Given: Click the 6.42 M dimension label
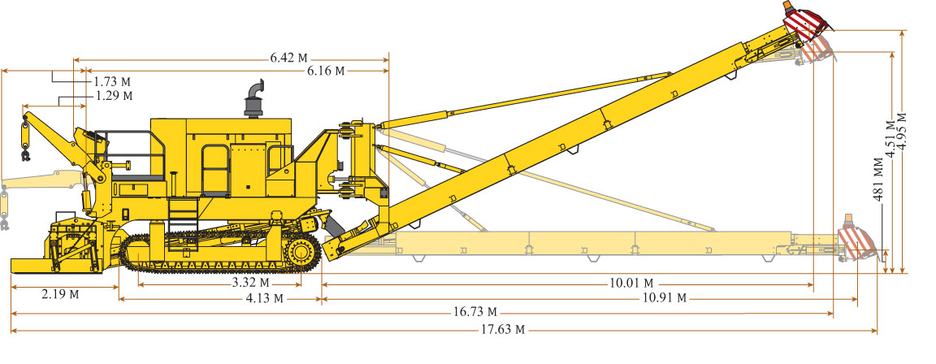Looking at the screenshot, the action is pos(289,58).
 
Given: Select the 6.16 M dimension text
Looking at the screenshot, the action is pos(327,71).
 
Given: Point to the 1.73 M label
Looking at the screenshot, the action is pos(112,82).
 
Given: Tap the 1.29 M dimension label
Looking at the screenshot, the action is pos(114,96).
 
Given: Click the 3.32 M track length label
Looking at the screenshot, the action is pos(251,283).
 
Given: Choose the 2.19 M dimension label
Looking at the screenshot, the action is pos(59,293).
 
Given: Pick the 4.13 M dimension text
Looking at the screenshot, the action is pos(264,298).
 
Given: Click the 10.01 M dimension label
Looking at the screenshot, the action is pos(631,283).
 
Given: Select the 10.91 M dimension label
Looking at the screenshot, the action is pos(664,297).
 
